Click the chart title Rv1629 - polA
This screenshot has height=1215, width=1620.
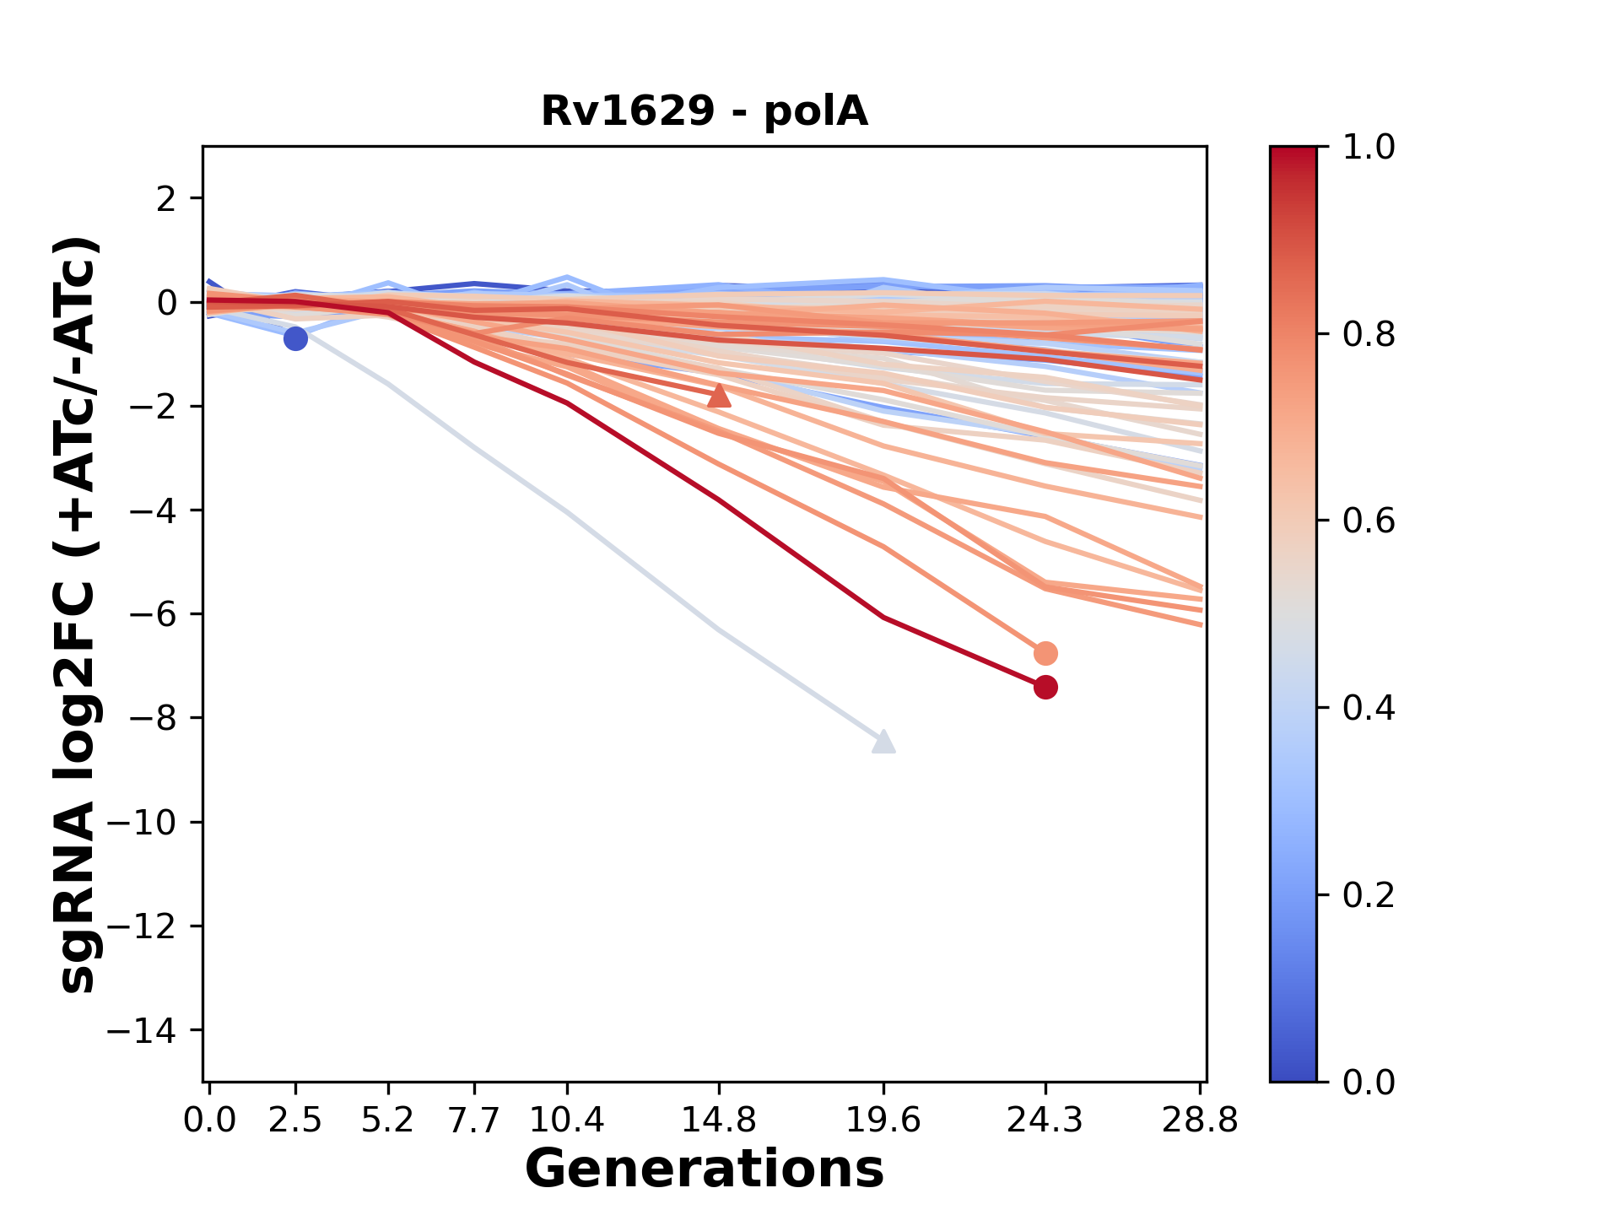[705, 111]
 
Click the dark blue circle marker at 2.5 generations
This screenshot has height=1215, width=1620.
[295, 339]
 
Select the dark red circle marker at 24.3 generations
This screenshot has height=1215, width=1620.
[1045, 688]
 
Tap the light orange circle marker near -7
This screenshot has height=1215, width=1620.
[1045, 653]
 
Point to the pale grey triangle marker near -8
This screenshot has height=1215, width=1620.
[883, 742]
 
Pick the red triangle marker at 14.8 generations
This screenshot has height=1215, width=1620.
[719, 395]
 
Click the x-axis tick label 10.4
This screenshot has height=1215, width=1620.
[567, 1120]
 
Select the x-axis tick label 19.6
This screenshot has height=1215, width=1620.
[883, 1120]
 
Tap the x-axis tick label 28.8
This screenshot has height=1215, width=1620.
[1200, 1120]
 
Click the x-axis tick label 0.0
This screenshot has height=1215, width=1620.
[210, 1120]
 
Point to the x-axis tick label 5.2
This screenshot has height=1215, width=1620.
[388, 1120]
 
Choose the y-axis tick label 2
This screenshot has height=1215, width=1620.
[166, 199]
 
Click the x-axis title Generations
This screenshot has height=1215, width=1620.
[705, 1169]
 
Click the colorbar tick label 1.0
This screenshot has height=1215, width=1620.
[1369, 148]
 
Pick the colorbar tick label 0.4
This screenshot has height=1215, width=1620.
[1369, 708]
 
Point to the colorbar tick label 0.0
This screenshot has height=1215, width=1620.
[1369, 1082]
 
